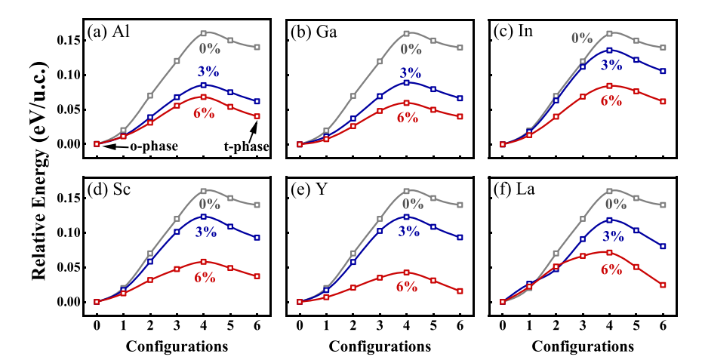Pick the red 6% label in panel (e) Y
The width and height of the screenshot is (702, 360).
click(x=407, y=286)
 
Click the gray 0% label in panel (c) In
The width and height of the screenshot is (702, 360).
click(x=581, y=37)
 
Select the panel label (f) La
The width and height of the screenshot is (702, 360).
click(x=515, y=190)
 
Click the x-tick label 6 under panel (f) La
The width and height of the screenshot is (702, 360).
click(x=663, y=325)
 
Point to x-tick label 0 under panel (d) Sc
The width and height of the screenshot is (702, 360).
click(x=97, y=325)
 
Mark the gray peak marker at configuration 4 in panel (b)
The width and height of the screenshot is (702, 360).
click(x=407, y=33)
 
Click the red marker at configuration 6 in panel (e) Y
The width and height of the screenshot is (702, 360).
click(x=460, y=291)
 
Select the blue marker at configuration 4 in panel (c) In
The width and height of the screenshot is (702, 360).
click(x=610, y=50)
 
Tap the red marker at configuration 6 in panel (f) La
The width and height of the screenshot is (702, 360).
click(x=663, y=285)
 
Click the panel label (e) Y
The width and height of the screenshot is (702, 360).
click(x=311, y=190)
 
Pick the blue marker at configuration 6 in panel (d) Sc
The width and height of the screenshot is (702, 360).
click(x=257, y=238)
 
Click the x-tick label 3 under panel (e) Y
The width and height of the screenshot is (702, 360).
click(x=380, y=325)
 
